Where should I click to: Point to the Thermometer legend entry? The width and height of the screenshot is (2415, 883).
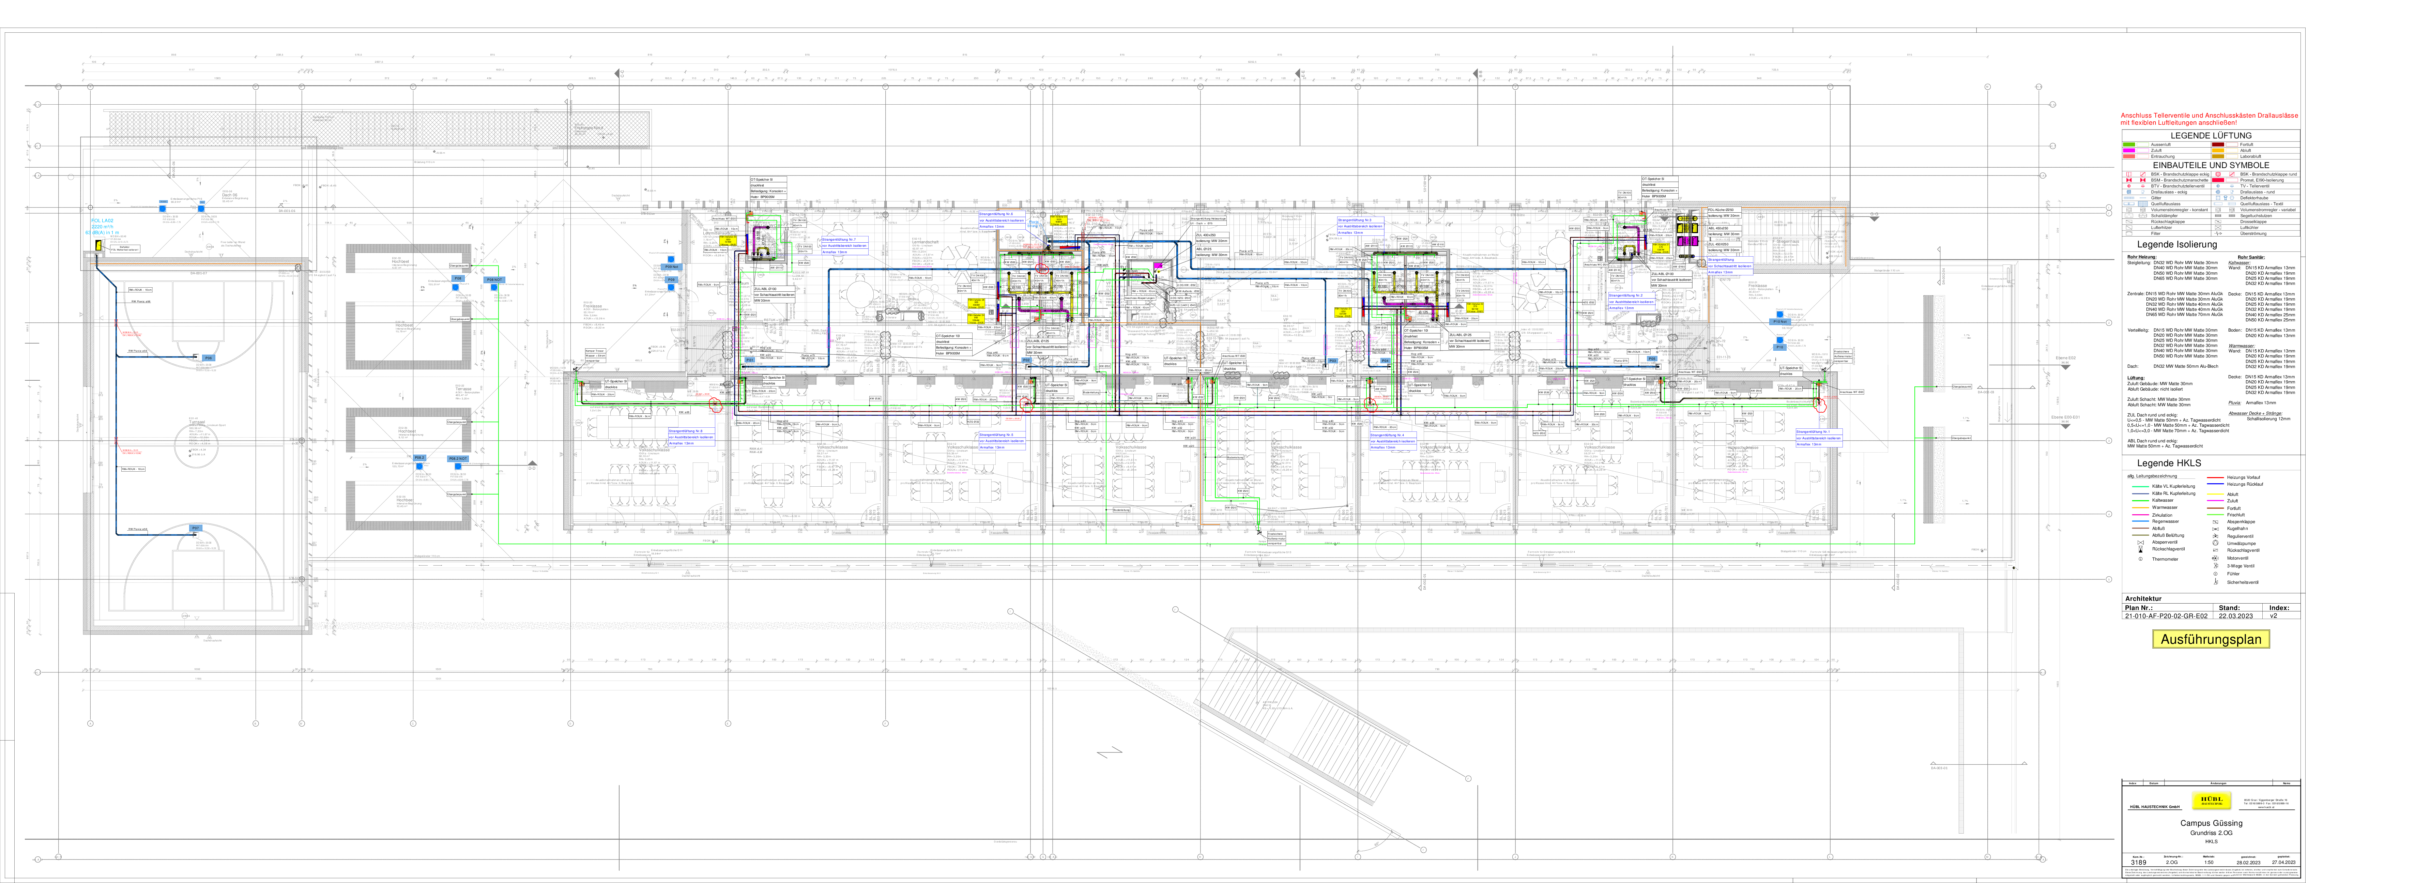click(2157, 559)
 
